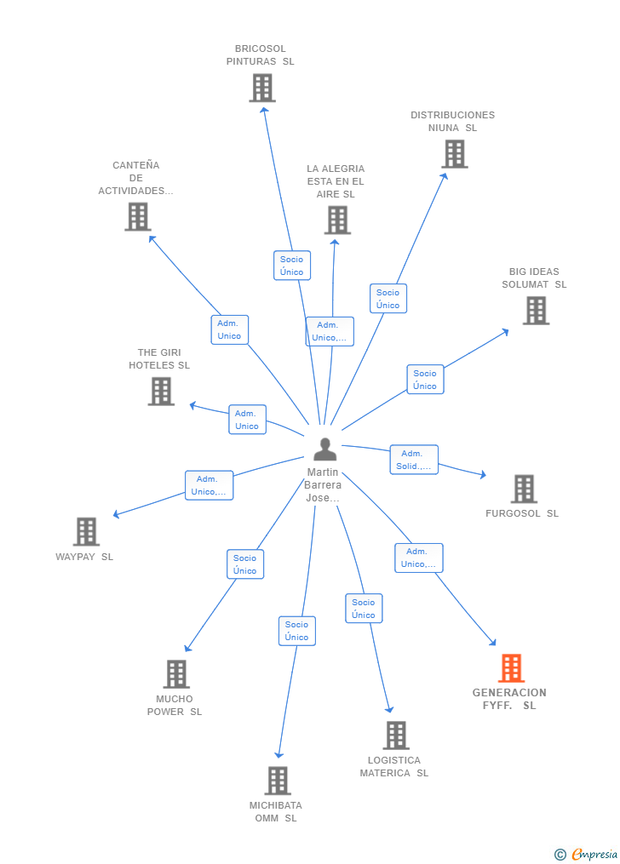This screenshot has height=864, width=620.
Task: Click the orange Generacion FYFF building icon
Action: (511, 668)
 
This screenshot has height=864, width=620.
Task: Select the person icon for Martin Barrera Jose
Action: (325, 449)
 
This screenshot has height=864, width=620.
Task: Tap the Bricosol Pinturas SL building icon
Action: (262, 88)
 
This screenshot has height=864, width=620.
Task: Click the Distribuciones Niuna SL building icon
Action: (455, 154)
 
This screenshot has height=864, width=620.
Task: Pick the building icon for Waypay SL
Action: (86, 531)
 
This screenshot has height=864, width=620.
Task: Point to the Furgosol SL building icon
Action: (524, 489)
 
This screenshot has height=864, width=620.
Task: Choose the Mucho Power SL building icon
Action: (176, 674)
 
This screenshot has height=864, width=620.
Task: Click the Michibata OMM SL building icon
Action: (278, 781)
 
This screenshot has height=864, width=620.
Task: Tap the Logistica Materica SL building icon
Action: (396, 735)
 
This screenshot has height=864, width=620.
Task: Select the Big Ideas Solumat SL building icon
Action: (536, 311)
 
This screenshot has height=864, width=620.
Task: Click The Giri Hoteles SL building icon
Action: (161, 392)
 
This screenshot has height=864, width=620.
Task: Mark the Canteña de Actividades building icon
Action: (138, 217)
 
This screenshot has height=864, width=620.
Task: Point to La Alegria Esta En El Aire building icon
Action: (337, 220)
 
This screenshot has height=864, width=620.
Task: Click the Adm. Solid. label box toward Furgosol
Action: (414, 460)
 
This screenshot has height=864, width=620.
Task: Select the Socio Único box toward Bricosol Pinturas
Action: (292, 266)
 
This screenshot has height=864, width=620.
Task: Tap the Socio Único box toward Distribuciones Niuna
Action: (388, 299)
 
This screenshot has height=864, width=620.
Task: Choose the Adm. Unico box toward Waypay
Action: (209, 485)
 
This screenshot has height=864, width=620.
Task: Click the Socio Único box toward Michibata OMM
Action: (297, 631)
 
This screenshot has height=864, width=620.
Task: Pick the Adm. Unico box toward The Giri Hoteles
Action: (247, 420)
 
